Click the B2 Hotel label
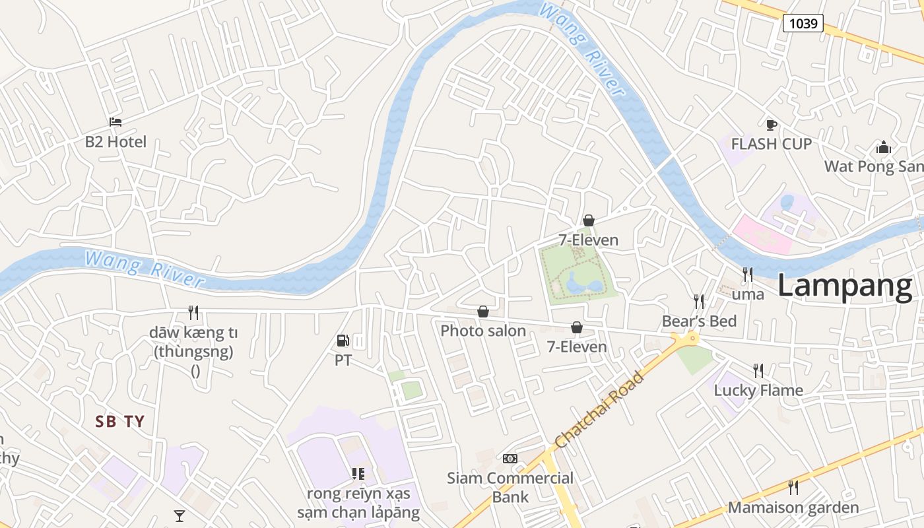115,142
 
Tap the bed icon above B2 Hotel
115,122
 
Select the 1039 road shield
803,24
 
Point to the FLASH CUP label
771,144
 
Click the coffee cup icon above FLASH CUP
771,125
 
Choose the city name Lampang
845,286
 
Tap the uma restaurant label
748,294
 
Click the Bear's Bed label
700,321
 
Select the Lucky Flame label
758,390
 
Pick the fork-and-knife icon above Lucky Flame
758,370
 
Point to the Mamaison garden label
793,508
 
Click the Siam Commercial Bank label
510,487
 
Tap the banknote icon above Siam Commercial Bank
510,459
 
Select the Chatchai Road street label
599,411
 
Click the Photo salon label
483,331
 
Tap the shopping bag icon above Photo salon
483,312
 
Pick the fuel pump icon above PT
343,341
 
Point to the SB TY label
119,422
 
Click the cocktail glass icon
180,516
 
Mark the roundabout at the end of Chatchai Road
686,339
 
